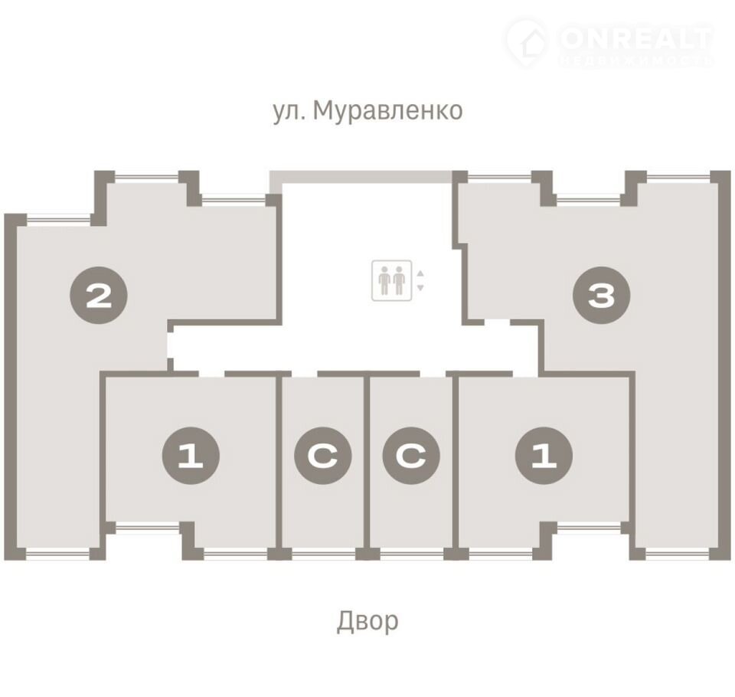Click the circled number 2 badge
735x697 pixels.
(99, 296)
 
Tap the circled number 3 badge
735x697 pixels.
(602, 296)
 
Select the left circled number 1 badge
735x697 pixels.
(191, 456)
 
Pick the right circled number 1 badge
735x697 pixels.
(544, 456)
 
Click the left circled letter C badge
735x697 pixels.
(323, 456)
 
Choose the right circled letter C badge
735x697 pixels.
(411, 456)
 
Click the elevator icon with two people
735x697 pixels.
(392, 280)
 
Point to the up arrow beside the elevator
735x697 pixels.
(420, 273)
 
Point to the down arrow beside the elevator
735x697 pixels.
(420, 287)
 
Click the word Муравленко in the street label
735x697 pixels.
(387, 111)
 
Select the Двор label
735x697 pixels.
(367, 621)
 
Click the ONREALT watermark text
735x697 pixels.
(636, 39)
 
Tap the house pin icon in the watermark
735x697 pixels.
(528, 41)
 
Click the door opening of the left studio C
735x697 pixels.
(305, 374)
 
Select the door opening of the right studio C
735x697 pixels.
(433, 374)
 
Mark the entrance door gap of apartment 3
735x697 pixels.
(498, 322)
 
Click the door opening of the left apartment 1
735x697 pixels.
(212, 374)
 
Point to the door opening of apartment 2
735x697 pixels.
(171, 345)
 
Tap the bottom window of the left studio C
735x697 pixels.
(323, 554)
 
